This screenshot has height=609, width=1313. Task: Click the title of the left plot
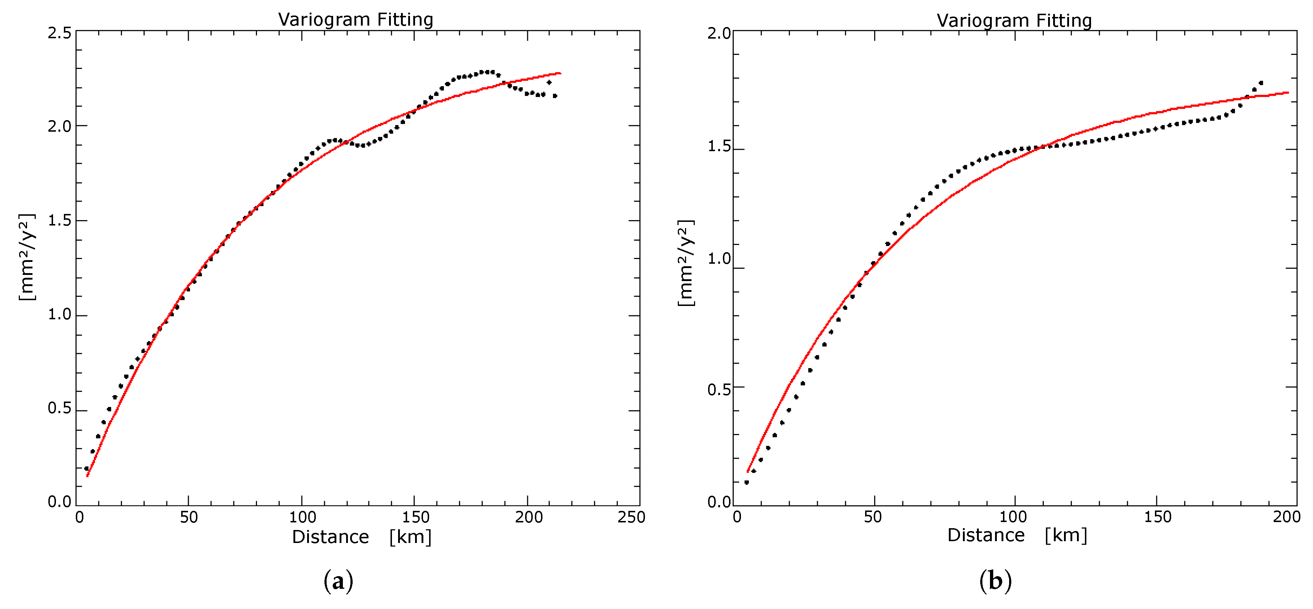click(x=355, y=19)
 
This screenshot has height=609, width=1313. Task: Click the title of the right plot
click(x=1014, y=21)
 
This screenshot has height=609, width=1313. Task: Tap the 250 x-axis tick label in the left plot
click(x=631, y=517)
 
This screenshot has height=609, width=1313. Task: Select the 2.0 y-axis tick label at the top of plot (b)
click(x=719, y=34)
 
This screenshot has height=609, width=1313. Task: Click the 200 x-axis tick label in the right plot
click(x=1287, y=517)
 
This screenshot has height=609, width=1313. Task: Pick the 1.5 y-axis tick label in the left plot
click(x=59, y=221)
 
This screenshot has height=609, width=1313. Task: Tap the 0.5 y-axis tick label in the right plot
click(x=719, y=389)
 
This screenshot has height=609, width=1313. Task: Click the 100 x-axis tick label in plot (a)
click(x=302, y=517)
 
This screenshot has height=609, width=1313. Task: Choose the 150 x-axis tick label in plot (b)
click(x=1157, y=517)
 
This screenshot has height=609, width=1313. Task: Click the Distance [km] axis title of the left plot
click(x=361, y=536)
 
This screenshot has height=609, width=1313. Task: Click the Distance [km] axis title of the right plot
click(x=1017, y=535)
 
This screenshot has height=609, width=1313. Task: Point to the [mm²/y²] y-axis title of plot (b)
click(x=685, y=263)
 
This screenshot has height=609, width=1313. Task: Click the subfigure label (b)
click(x=995, y=581)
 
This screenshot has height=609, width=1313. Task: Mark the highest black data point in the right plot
click(x=1261, y=83)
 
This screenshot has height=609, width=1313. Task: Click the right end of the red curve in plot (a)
click(x=560, y=73)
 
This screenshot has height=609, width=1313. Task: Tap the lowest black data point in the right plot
click(x=747, y=482)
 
